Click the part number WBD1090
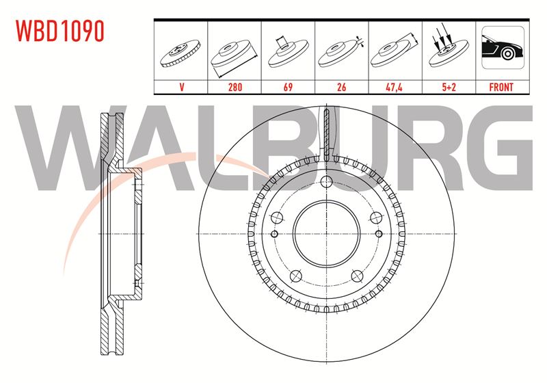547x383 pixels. coord(60,31)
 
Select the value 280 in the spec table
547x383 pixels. coord(235,87)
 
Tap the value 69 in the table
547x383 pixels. coord(288,87)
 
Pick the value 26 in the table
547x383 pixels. coord(341,87)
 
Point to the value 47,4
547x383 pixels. coord(395,87)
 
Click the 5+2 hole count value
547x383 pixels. coord(449,87)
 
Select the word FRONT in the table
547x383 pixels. coord(501,87)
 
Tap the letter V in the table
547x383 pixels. coord(181,87)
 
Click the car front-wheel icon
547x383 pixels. coord(503,47)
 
